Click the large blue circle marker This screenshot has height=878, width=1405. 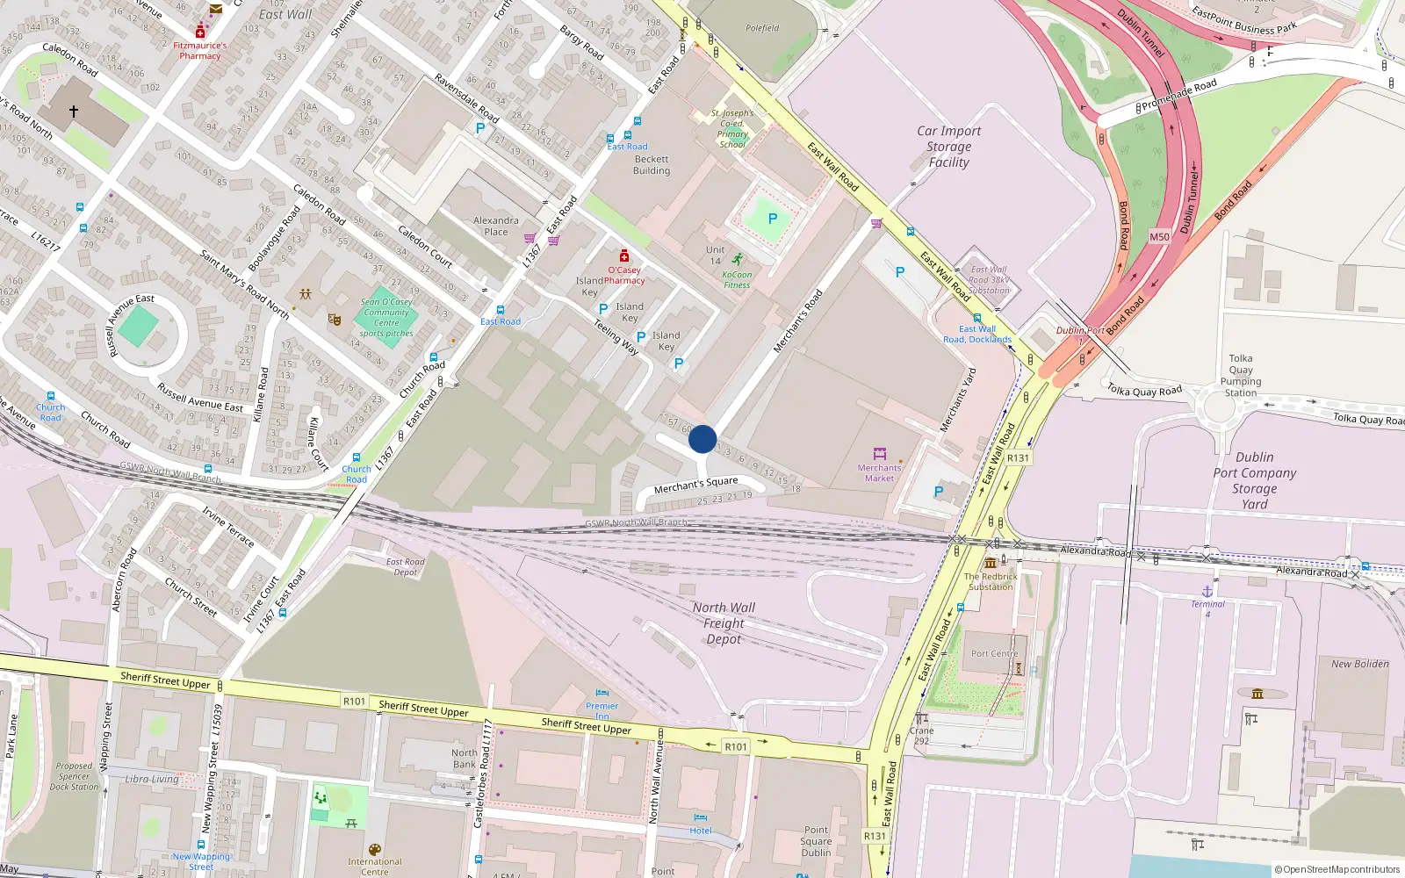[702, 439]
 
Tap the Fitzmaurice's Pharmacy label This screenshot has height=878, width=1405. [200, 51]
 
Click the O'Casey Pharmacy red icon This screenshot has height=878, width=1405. [624, 255]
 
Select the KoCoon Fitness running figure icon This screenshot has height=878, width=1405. [737, 260]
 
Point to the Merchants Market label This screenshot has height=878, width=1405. [879, 473]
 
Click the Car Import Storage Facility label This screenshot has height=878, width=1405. [948, 147]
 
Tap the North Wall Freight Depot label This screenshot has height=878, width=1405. [724, 623]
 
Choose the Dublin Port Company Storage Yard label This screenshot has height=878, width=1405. [1254, 480]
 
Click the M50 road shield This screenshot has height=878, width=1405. [1159, 237]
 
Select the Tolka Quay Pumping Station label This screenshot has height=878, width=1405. [1241, 376]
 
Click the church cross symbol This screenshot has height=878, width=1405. [74, 112]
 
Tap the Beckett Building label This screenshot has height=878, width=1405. [652, 165]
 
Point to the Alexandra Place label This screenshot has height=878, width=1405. [496, 227]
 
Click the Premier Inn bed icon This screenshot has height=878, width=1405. [602, 694]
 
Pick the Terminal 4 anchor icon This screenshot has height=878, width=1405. [1207, 593]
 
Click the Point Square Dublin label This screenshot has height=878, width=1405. [816, 841]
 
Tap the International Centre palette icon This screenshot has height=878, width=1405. [374, 850]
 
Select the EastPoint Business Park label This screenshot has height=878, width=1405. [1244, 19]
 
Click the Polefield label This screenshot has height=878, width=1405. [762, 28]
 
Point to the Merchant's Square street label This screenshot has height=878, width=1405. [695, 485]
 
